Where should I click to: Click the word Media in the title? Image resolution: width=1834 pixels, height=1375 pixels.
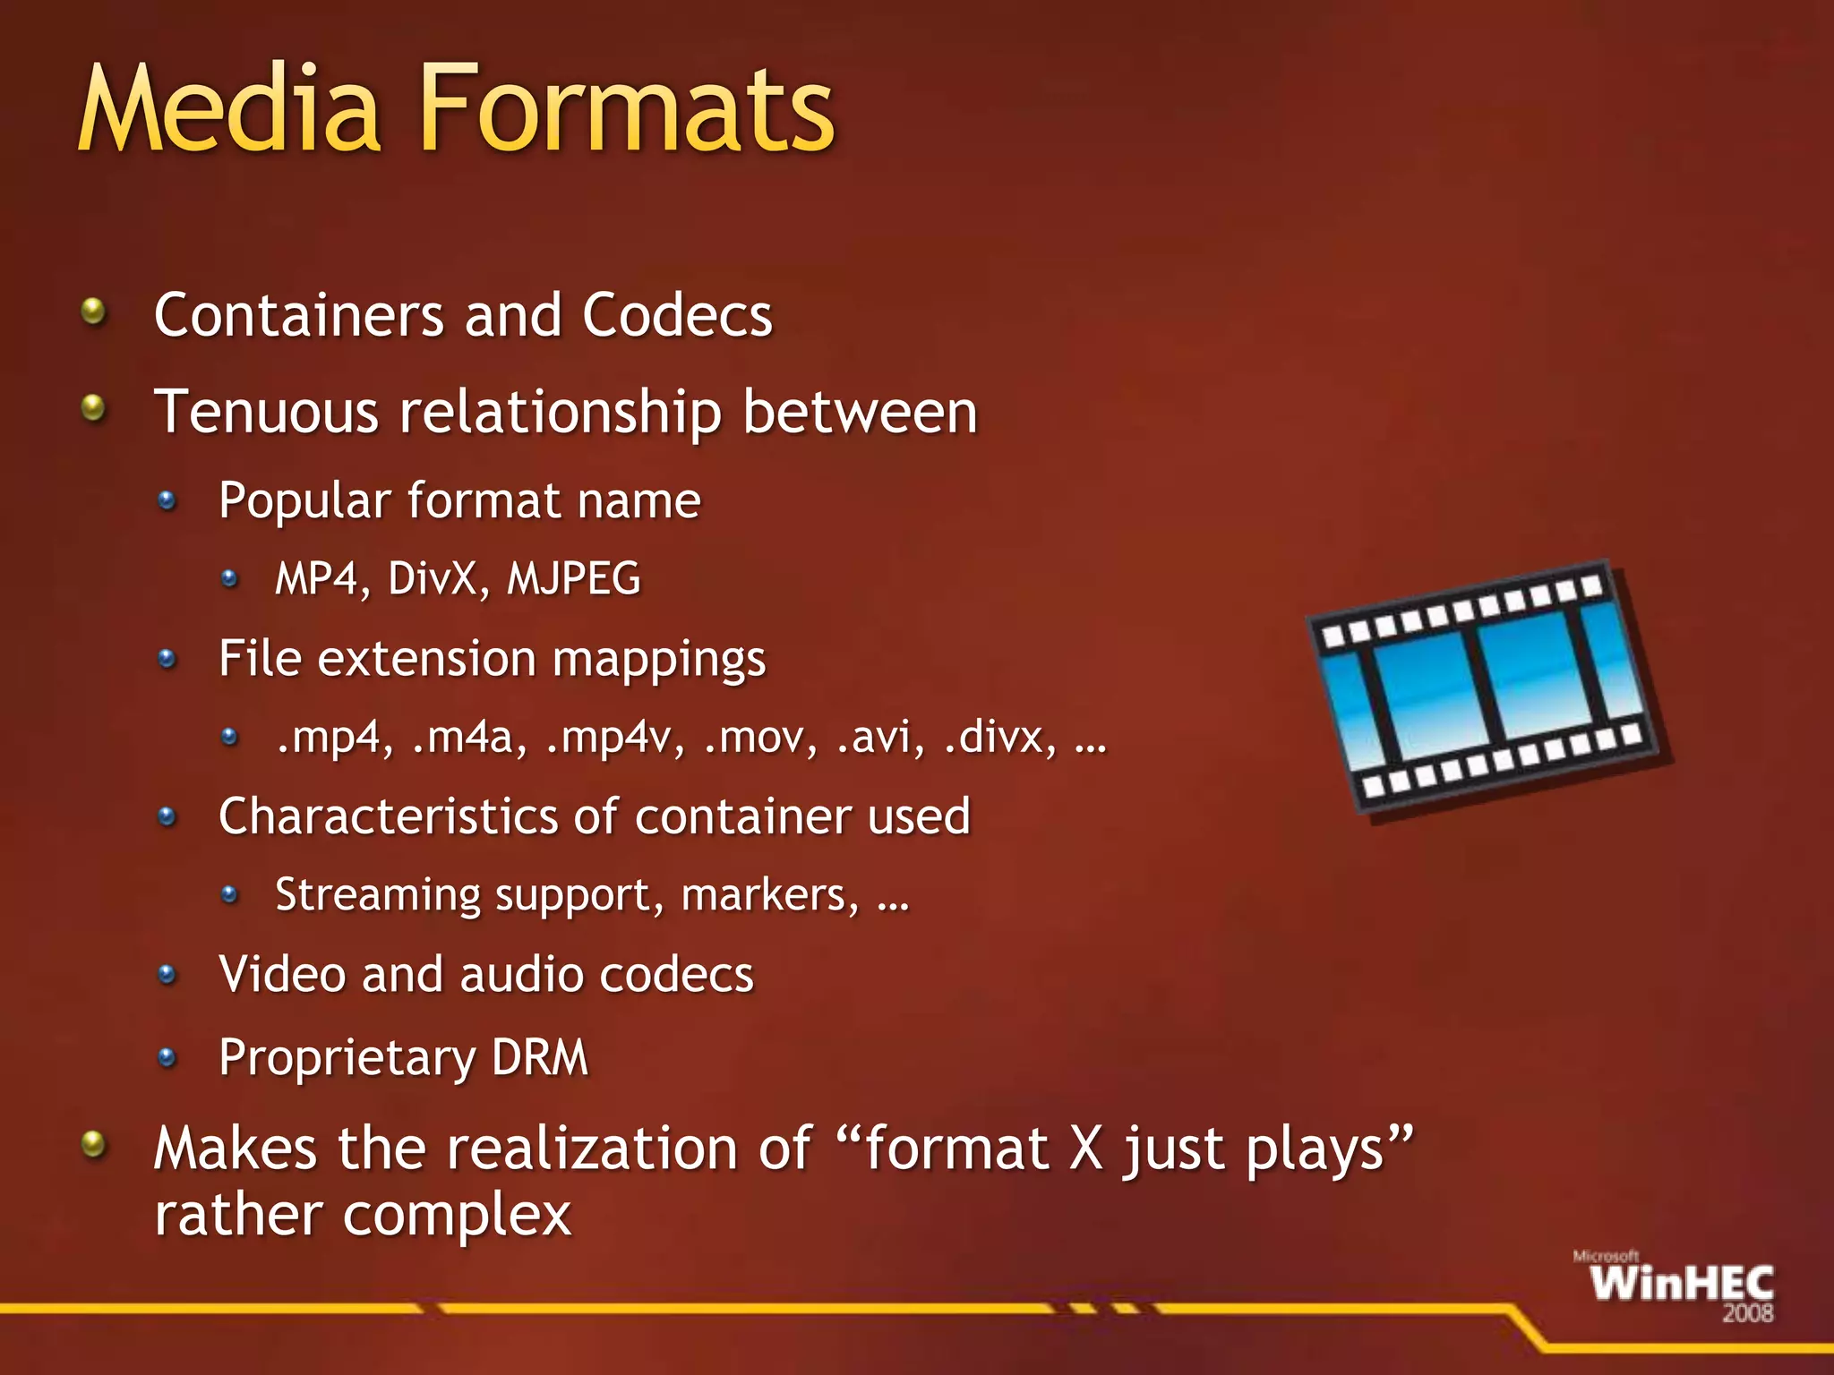pyautogui.click(x=229, y=111)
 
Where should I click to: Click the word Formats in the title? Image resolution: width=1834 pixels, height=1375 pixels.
pyautogui.click(x=627, y=111)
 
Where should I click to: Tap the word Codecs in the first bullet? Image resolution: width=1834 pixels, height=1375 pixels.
pyautogui.click(x=677, y=316)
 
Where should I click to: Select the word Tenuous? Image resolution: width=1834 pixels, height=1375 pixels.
pyautogui.click(x=266, y=413)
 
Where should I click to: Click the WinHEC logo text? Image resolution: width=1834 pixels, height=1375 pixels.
pyautogui.click(x=1682, y=1284)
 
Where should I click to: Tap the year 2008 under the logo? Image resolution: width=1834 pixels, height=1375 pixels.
pyautogui.click(x=1747, y=1314)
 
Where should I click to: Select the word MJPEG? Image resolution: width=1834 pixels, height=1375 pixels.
pyautogui.click(x=574, y=579)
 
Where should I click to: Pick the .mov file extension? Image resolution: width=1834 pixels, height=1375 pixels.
pyautogui.click(x=759, y=738)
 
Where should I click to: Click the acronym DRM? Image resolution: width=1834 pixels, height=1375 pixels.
pyautogui.click(x=540, y=1057)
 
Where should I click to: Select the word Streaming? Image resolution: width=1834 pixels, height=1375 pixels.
pyautogui.click(x=378, y=895)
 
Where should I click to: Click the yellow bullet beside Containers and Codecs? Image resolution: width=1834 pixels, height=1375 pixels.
pyautogui.click(x=93, y=312)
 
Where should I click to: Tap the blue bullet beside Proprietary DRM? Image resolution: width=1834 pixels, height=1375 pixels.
pyautogui.click(x=167, y=1058)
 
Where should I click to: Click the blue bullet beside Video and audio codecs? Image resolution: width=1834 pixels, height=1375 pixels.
pyautogui.click(x=167, y=974)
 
